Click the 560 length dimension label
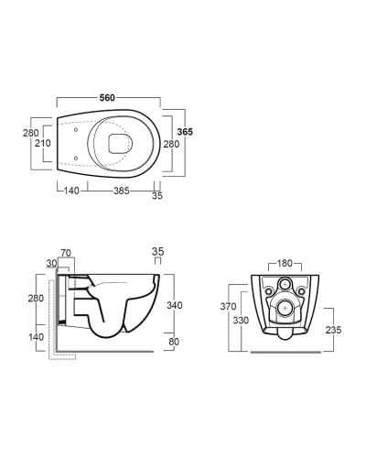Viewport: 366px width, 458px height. pyautogui.click(x=107, y=98)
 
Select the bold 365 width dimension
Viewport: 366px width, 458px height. pyautogui.click(x=185, y=132)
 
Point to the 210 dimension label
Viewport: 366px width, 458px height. pyautogui.click(x=43, y=143)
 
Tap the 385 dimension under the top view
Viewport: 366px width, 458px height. pyautogui.click(x=122, y=191)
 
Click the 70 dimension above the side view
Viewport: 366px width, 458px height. pyautogui.click(x=66, y=253)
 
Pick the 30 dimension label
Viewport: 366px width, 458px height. pyautogui.click(x=52, y=263)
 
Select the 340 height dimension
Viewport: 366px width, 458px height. pyautogui.click(x=175, y=305)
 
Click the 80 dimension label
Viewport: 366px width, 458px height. pyautogui.click(x=174, y=342)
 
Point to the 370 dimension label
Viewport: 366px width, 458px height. pyautogui.click(x=229, y=306)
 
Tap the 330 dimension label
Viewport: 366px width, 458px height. pyautogui.click(x=241, y=321)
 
